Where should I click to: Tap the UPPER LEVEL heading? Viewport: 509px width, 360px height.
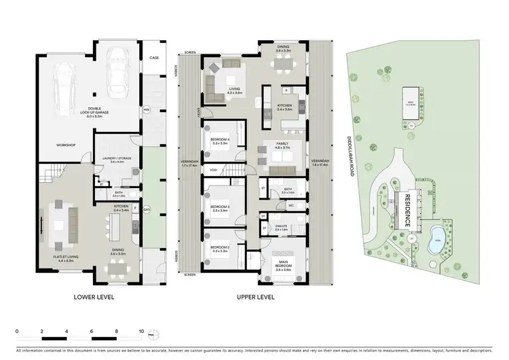[255, 298]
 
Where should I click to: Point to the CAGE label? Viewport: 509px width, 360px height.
[154, 58]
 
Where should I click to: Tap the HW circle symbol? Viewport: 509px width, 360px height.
[146, 110]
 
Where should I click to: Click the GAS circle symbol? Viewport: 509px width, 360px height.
[146, 209]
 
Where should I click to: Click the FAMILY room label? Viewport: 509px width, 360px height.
[283, 144]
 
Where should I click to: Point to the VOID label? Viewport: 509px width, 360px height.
[213, 170]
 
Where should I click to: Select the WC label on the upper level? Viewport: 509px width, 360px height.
[290, 204]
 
